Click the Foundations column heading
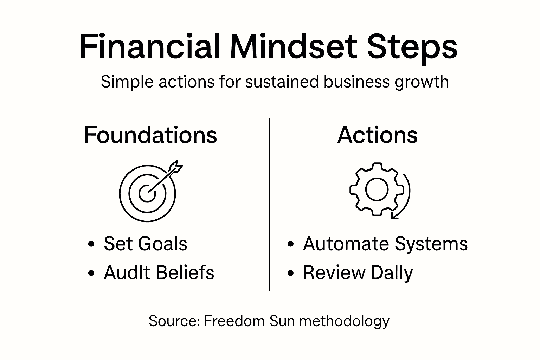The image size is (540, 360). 150,135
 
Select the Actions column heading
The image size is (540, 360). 377,135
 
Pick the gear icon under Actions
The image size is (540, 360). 377,189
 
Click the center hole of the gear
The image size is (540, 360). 377,189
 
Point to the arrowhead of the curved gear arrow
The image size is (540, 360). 394,216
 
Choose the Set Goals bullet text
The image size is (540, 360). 145,244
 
